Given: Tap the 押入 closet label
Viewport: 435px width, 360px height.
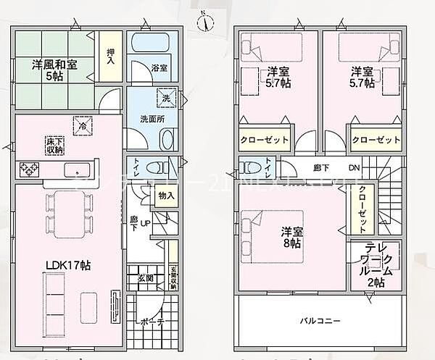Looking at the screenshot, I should (x=110, y=56).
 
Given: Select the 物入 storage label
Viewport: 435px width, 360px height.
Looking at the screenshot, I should (x=165, y=196).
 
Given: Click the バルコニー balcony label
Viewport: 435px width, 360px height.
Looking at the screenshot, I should (x=320, y=320).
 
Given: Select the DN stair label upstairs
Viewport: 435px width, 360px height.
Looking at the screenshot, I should (x=355, y=169).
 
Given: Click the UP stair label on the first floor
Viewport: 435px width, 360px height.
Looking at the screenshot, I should (x=144, y=223).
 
